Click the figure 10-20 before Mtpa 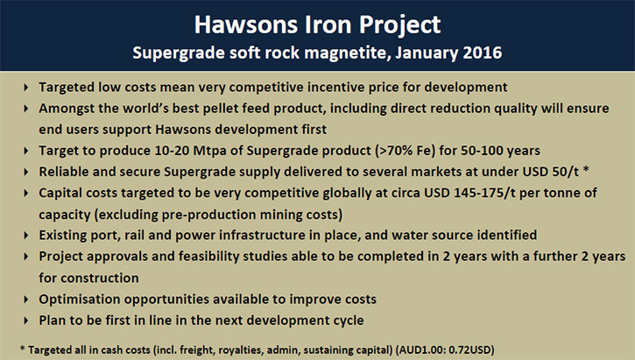coord(172,151)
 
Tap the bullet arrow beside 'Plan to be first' coord(26,321)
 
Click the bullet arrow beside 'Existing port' coord(26,236)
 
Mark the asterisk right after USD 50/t coord(586,170)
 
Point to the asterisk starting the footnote coord(23,348)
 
